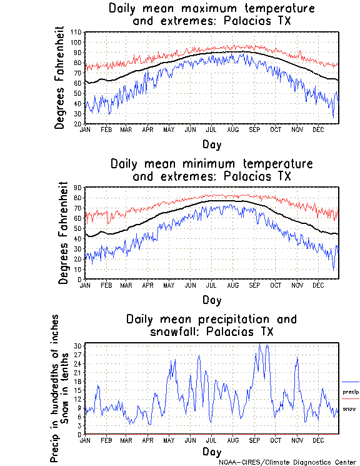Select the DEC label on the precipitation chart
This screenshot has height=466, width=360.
tap(318, 440)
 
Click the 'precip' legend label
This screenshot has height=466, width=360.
tap(350, 392)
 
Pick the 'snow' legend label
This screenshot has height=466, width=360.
tap(349, 409)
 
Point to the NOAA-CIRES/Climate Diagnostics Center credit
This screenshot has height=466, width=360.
tap(288, 462)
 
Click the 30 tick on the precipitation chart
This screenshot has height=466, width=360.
tap(78, 345)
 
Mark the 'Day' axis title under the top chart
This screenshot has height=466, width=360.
tap(211, 144)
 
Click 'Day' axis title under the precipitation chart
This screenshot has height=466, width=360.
tap(211, 451)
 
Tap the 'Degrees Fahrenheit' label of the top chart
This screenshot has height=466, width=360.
tap(60, 78)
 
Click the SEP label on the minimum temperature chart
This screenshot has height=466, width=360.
tap(254, 285)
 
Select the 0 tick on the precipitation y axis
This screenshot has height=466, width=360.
tap(80, 433)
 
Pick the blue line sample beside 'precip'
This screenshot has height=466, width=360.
tap(350, 382)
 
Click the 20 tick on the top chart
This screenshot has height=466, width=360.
tap(79, 123)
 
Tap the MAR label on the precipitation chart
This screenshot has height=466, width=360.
tap(126, 440)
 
